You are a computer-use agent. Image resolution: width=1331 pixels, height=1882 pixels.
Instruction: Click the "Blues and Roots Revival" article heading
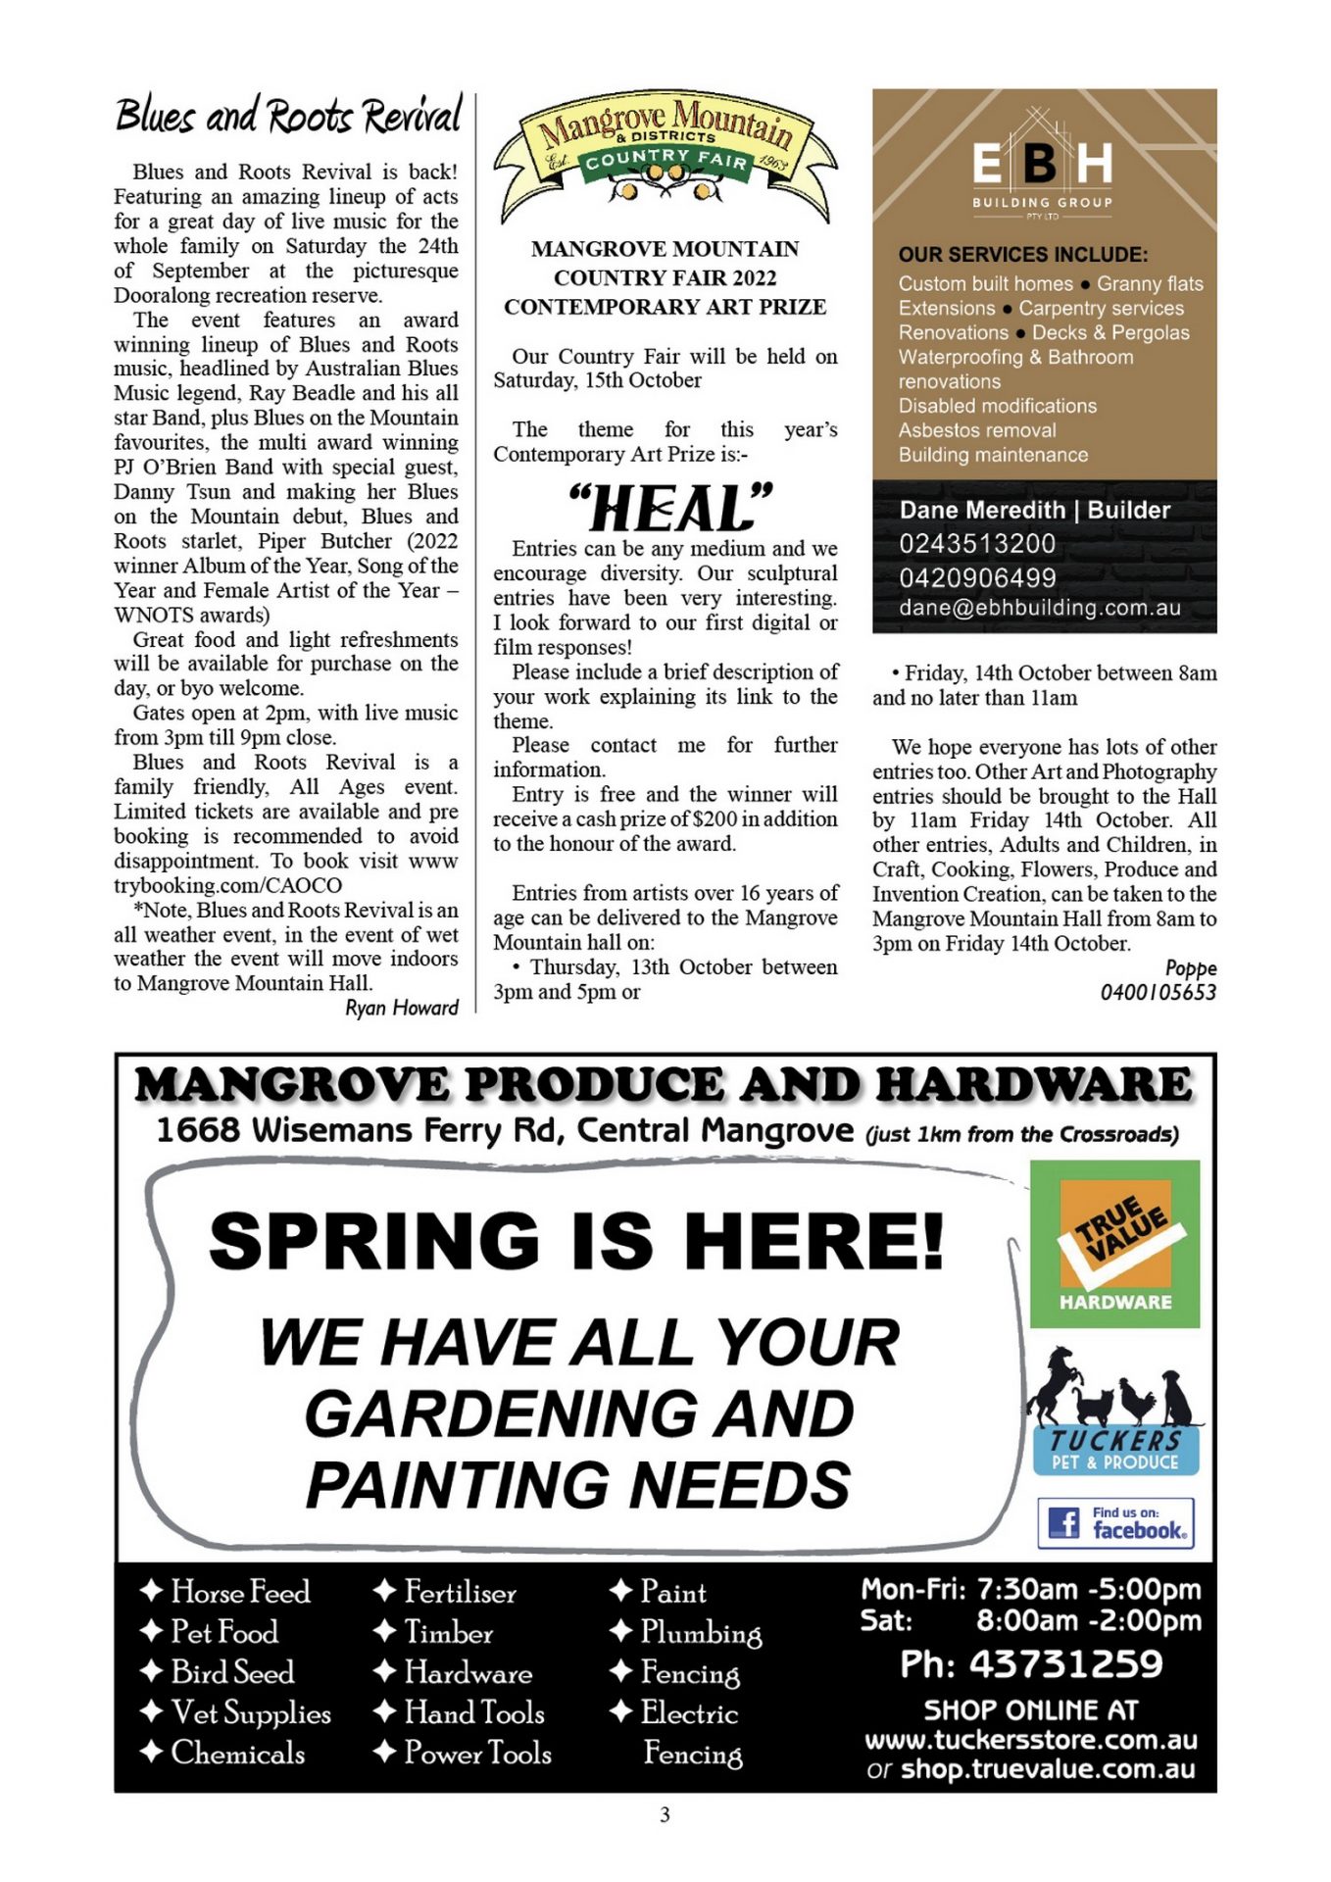coord(288,116)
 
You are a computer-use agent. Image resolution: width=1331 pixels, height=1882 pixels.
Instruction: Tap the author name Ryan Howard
coord(401,1008)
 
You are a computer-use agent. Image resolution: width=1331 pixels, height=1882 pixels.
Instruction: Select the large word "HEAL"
coord(671,508)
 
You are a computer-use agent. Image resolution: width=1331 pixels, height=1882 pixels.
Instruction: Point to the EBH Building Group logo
coord(1043,167)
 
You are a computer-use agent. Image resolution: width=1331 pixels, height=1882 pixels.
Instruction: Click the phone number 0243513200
coord(977,544)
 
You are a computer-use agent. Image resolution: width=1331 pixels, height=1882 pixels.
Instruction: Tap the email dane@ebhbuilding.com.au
coord(1040,608)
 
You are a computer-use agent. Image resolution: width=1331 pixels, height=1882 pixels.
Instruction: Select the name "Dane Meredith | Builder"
coord(1034,510)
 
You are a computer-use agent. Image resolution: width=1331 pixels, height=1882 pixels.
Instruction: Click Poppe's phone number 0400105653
coord(1158,992)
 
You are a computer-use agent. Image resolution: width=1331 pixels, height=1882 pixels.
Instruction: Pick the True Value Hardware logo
coord(1114,1244)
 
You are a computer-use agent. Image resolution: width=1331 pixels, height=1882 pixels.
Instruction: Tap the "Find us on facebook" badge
coord(1115,1522)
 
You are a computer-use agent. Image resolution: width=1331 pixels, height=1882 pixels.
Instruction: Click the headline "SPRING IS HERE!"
coord(576,1241)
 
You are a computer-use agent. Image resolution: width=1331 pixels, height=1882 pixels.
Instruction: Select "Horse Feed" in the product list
coord(239,1592)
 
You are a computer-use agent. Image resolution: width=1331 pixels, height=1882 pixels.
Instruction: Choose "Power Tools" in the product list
coord(477,1753)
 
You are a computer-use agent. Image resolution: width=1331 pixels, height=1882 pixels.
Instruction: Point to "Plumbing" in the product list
coord(700,1632)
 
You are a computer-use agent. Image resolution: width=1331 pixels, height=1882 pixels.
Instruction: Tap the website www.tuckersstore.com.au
coord(1030,1740)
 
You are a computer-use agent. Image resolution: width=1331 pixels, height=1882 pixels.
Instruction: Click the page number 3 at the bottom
coord(665,1814)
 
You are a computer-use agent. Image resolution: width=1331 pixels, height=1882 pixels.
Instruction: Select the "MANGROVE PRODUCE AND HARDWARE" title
coord(664,1085)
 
